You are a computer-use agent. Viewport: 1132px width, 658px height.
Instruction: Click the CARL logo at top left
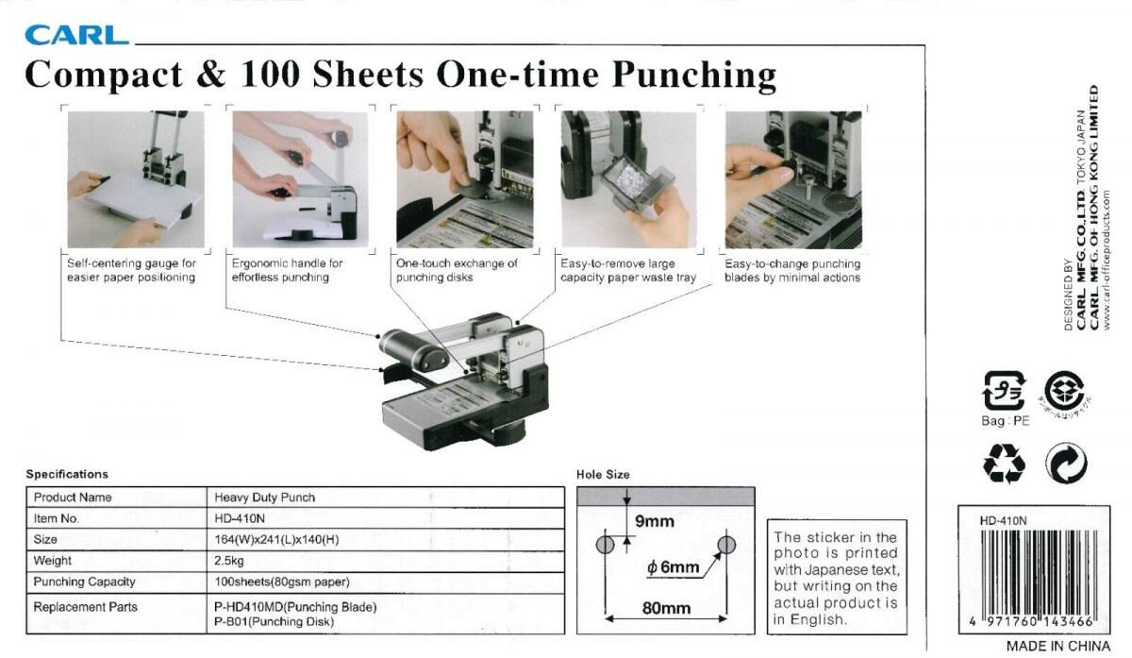click(76, 36)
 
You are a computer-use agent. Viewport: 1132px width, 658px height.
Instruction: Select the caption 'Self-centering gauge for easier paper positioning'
click(131, 270)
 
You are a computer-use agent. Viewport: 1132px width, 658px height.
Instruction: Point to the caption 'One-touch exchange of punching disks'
click(458, 270)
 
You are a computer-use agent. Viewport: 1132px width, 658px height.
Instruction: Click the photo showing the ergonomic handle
click(294, 178)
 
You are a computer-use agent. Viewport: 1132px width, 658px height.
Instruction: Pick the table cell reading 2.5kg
click(230, 561)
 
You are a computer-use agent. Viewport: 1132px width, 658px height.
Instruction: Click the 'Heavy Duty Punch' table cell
click(265, 498)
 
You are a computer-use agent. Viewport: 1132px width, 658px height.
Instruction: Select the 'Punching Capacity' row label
click(84, 582)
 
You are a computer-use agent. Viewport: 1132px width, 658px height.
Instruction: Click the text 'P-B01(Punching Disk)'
click(275, 621)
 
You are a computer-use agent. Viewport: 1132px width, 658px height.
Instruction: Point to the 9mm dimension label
click(654, 521)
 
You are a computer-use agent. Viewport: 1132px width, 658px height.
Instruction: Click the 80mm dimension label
click(666, 608)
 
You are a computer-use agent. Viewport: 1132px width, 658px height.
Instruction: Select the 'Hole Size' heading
click(603, 475)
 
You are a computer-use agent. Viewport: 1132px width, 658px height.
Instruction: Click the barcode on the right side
click(1035, 570)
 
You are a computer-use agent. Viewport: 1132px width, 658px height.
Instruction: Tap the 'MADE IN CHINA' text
click(1057, 647)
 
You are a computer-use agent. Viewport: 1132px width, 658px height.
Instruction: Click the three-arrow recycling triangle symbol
click(1003, 464)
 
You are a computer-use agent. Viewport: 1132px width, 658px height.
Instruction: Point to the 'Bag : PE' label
click(1005, 421)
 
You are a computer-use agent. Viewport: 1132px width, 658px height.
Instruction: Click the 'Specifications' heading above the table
click(67, 474)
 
